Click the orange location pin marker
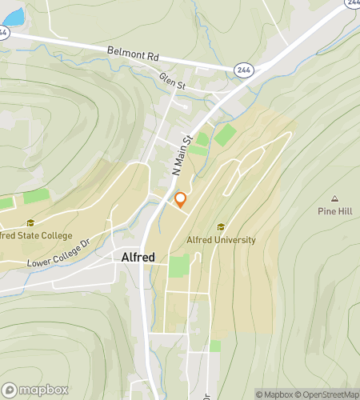point(181,200)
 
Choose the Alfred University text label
point(221,239)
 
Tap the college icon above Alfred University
point(221,227)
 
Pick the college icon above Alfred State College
point(30,223)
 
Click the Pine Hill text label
point(334,212)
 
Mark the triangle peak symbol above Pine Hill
point(334,199)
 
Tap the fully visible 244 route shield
point(245,70)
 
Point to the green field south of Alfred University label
point(179,266)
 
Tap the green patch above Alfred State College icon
point(35,195)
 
